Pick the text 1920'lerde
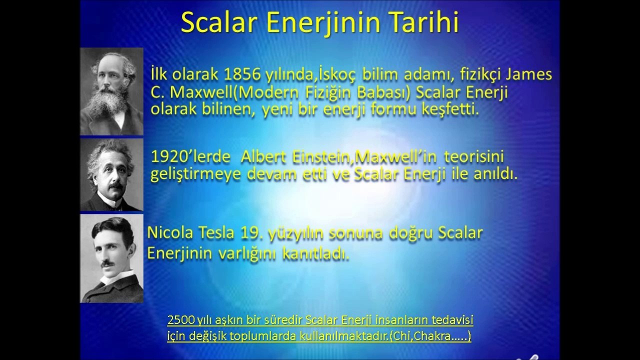point(190,156)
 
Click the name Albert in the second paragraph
point(263,156)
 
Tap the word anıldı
point(495,174)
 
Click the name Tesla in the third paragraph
point(216,233)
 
